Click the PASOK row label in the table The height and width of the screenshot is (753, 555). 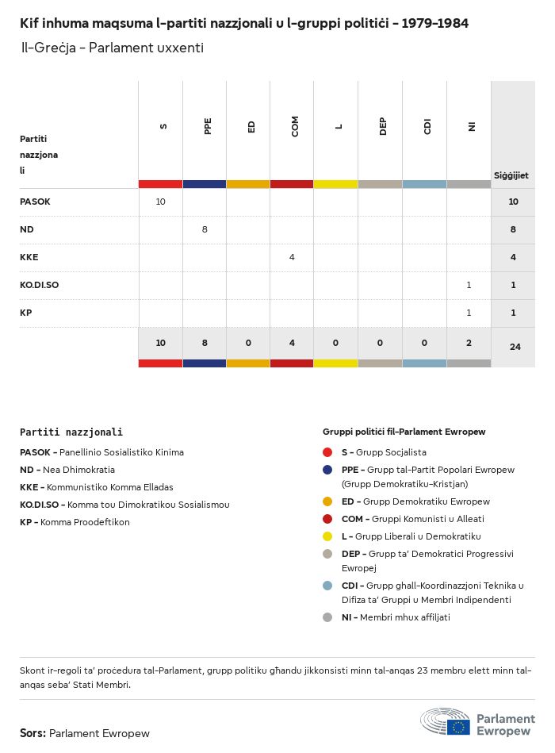click(35, 202)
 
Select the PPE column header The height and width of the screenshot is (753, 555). click(208, 127)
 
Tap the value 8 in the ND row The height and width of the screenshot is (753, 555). click(205, 229)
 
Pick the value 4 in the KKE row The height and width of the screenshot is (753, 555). click(292, 257)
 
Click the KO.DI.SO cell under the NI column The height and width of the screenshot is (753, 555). click(469, 285)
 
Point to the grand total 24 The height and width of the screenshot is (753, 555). click(515, 347)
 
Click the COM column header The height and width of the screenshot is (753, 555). click(295, 127)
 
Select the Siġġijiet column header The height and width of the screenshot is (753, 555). click(511, 175)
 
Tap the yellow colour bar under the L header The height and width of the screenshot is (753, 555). click(335, 184)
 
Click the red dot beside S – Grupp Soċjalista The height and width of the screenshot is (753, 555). click(327, 452)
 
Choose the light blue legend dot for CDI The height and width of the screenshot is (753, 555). click(327, 586)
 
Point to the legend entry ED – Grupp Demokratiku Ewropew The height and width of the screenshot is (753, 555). click(415, 501)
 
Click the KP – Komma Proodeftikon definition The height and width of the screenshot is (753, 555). click(75, 522)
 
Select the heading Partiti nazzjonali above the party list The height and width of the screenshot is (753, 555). click(71, 432)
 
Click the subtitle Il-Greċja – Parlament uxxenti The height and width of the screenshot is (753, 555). click(112, 48)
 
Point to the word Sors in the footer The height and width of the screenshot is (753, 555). click(32, 733)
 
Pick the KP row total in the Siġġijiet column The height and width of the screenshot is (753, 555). click(513, 313)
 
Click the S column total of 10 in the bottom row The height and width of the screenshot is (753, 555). click(160, 343)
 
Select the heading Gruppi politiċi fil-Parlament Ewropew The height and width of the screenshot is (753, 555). click(404, 432)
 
